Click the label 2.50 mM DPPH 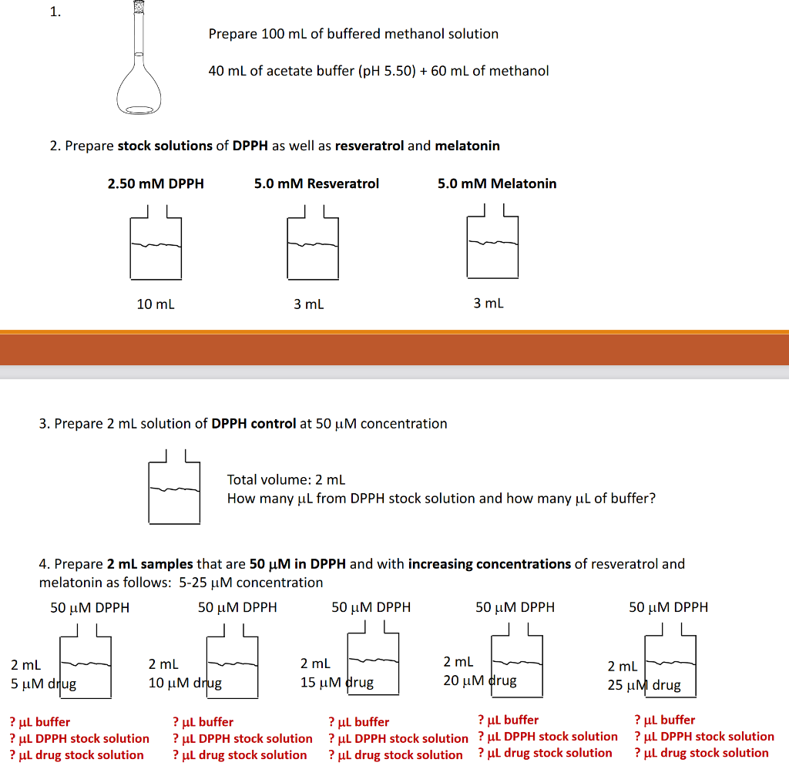tap(156, 183)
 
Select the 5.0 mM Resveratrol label tap(317, 183)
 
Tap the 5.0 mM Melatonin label tap(497, 183)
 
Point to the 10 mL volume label tap(156, 304)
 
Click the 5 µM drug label tap(43, 683)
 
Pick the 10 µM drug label tap(185, 683)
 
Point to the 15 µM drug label tap(337, 682)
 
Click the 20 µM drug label tap(480, 680)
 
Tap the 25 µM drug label tap(644, 685)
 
